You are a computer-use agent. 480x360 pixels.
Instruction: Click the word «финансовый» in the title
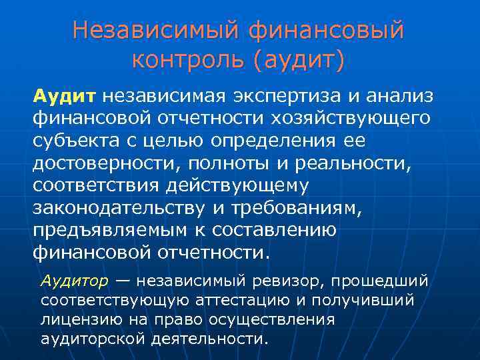(326, 31)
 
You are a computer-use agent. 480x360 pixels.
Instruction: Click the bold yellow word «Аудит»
(65, 97)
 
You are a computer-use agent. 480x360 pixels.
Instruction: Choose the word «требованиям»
(295, 208)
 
